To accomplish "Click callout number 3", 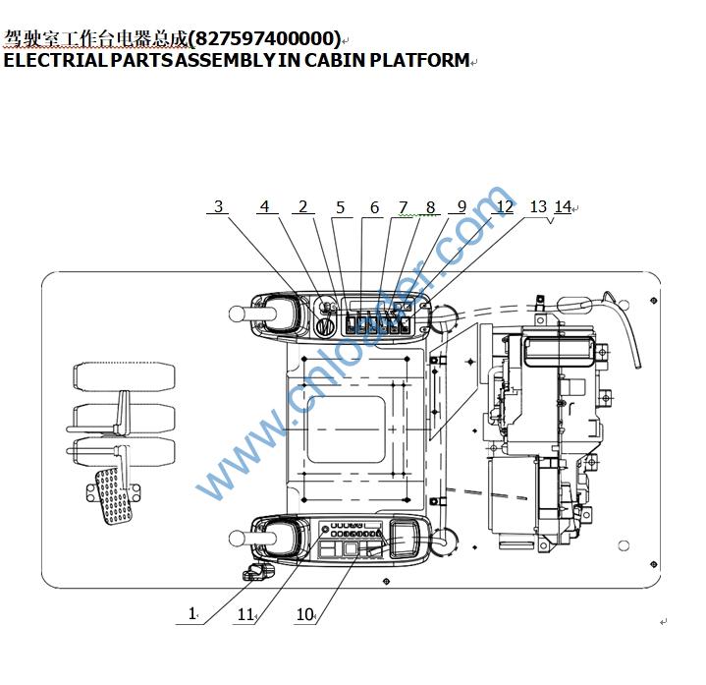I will point(219,207).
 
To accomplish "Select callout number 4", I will point(264,207).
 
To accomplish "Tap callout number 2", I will point(302,207).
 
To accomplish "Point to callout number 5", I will point(341,207).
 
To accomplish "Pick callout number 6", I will point(374,207).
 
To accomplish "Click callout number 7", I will point(403,207).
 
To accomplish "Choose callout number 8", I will point(430,207).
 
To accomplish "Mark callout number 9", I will point(462,207).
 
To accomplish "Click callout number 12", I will point(504,207).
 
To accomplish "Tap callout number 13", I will point(538,206).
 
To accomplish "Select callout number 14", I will point(563,207).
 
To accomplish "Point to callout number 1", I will point(192,613).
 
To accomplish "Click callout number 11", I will point(244,615).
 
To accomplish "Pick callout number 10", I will point(304,615).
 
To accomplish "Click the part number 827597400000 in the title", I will point(264,39).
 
